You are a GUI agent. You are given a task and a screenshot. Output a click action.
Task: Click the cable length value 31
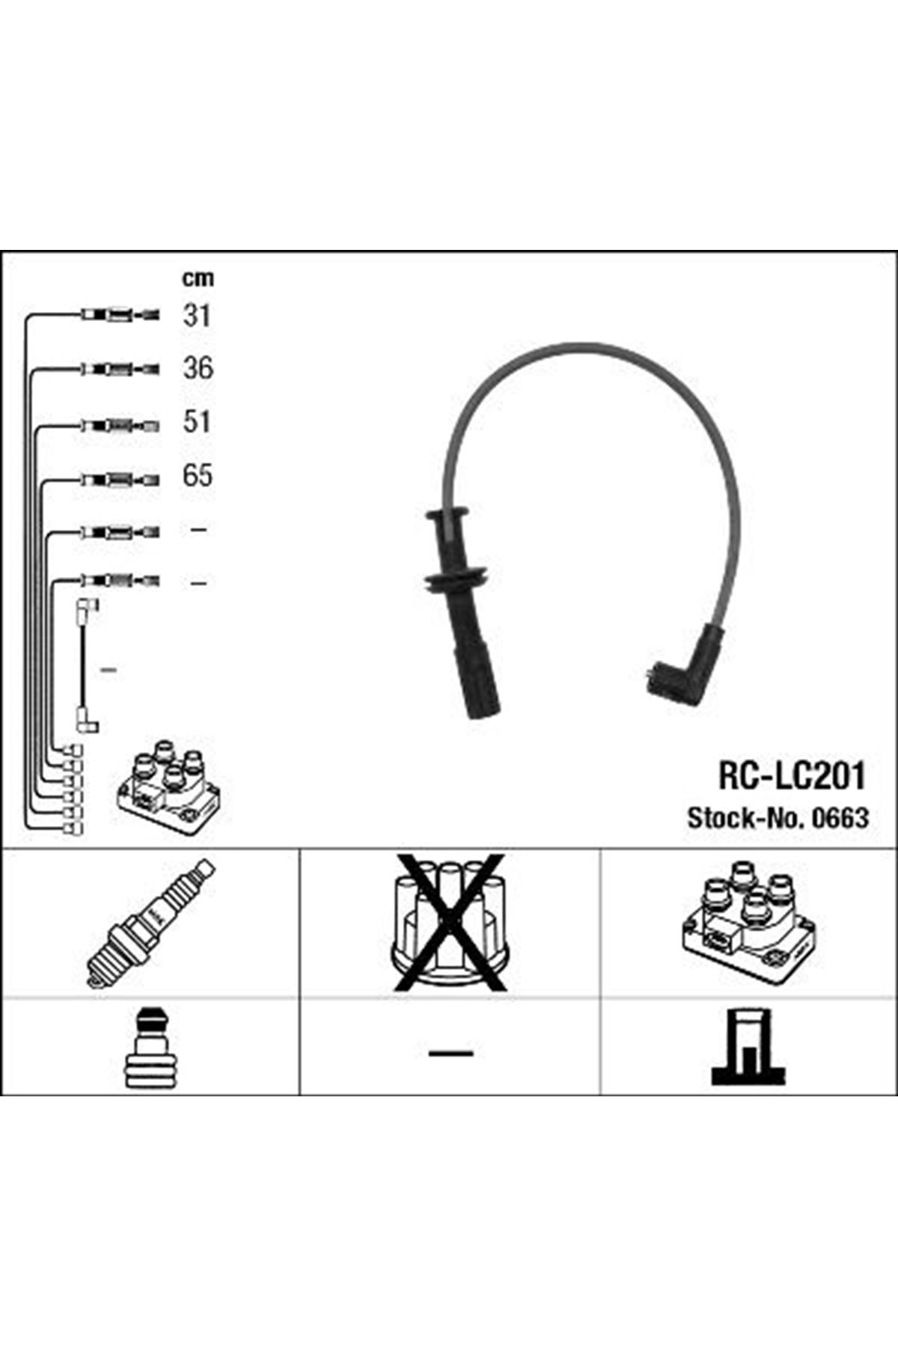197,315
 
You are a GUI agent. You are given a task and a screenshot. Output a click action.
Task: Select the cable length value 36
198,368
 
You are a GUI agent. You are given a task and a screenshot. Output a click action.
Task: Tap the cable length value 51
197,422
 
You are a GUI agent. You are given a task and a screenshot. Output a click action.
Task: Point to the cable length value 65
198,475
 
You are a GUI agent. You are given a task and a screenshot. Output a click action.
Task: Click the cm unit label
198,278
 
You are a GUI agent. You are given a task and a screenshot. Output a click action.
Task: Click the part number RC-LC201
792,776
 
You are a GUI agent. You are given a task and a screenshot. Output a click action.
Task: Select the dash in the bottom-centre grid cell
450,1053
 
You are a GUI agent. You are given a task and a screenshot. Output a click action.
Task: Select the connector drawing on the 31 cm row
120,315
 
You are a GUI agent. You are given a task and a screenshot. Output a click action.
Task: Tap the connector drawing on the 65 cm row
120,480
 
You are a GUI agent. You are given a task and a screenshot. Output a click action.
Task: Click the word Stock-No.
744,818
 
